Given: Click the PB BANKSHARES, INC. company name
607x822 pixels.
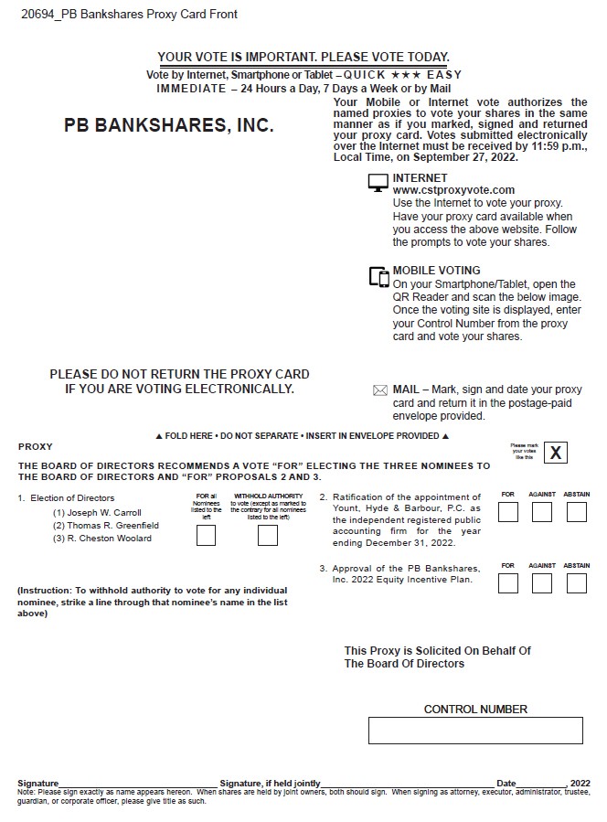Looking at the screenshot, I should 168,126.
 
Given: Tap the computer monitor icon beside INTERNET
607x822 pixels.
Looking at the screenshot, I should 378,183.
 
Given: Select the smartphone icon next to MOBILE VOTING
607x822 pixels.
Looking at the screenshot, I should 378,276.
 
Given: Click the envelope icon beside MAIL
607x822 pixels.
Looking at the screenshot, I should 380,390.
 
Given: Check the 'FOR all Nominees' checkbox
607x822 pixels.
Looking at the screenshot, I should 207,536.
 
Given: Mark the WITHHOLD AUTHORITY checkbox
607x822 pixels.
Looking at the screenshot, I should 267,536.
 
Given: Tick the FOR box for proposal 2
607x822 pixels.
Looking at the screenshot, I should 508,512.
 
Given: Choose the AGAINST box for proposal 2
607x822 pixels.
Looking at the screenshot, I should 542,512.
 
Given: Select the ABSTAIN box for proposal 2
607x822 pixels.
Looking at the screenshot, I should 576,512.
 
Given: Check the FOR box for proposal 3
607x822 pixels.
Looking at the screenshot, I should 508,582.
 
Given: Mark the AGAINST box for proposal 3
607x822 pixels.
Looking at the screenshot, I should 542,582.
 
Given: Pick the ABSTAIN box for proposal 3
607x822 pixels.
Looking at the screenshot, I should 576,582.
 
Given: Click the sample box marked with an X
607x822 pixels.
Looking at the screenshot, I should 556,453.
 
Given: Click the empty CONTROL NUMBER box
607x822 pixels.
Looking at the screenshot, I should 475,731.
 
